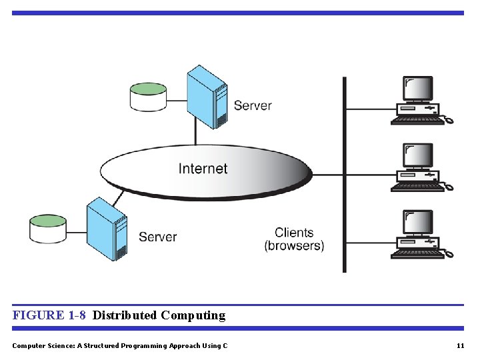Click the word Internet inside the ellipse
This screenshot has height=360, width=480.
tap(203, 169)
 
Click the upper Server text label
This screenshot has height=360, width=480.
tap(253, 105)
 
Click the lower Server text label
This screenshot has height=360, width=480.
tap(158, 237)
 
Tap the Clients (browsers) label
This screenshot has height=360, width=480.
tap(294, 239)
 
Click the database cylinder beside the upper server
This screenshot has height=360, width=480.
tap(148, 97)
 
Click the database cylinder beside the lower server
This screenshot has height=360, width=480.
tap(48, 229)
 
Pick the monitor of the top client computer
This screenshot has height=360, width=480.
tap(417, 89)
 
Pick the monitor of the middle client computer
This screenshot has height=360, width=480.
tap(417, 156)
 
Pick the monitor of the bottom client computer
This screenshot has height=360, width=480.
tap(417, 223)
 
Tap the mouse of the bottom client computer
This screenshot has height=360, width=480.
tap(449, 255)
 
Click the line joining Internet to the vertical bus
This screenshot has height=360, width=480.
tap(327, 175)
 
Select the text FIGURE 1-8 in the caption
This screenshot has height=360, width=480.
tap(49, 315)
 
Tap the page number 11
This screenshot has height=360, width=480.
tap(460, 345)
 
